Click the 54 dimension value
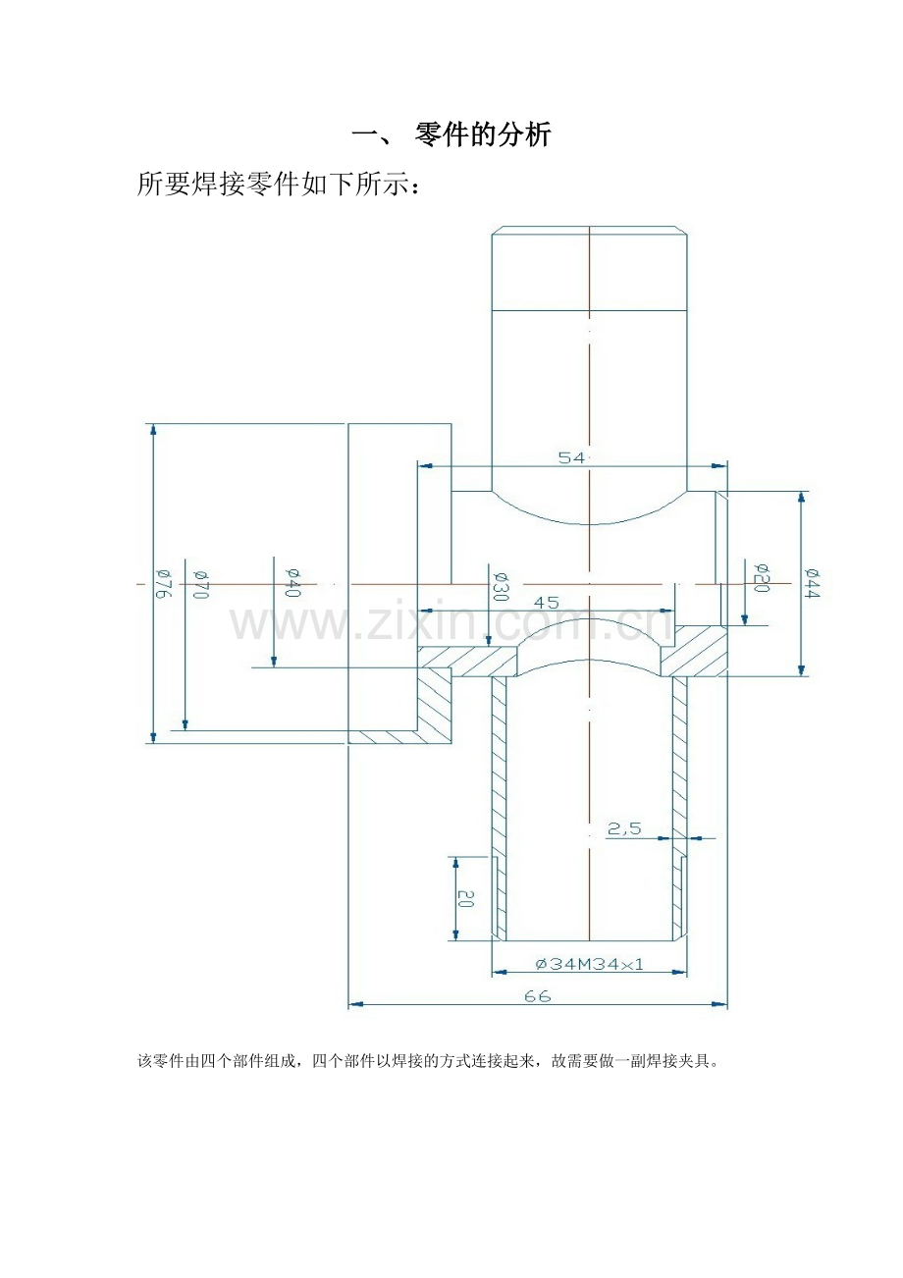(571, 457)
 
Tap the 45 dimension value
(546, 603)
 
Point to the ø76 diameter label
(163, 584)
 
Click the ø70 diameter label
(201, 584)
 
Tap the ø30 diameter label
(501, 586)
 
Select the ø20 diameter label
(762, 577)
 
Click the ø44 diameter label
(812, 583)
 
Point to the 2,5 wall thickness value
(624, 827)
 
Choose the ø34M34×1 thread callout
(589, 964)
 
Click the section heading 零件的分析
(483, 135)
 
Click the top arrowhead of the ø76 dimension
(153, 430)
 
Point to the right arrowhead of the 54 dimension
(720, 466)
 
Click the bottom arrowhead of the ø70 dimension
(185, 724)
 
